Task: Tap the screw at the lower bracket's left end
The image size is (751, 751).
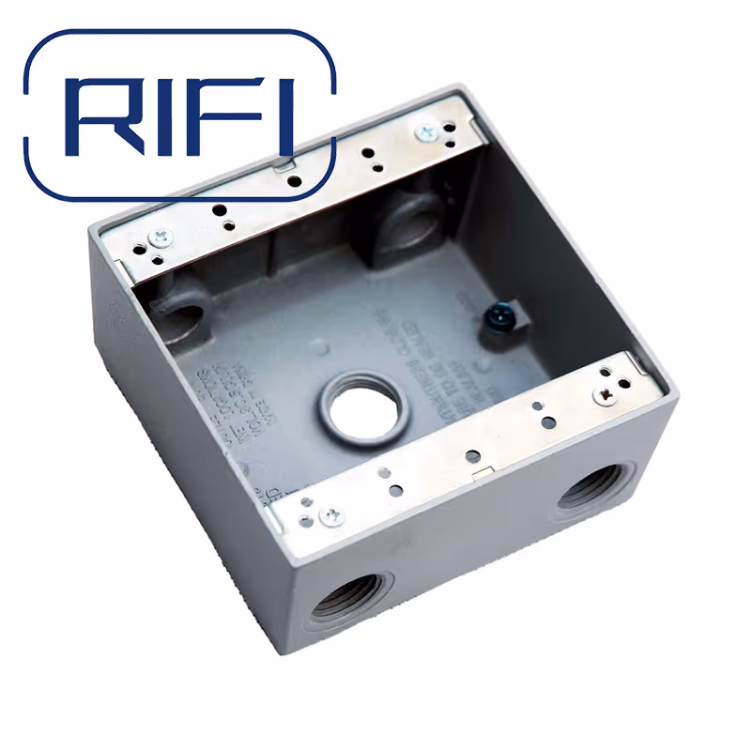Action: [x=330, y=513]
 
